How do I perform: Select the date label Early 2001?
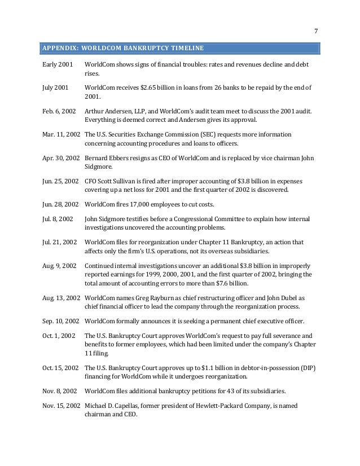(x=57, y=65)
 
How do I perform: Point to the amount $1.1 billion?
(x=217, y=367)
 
